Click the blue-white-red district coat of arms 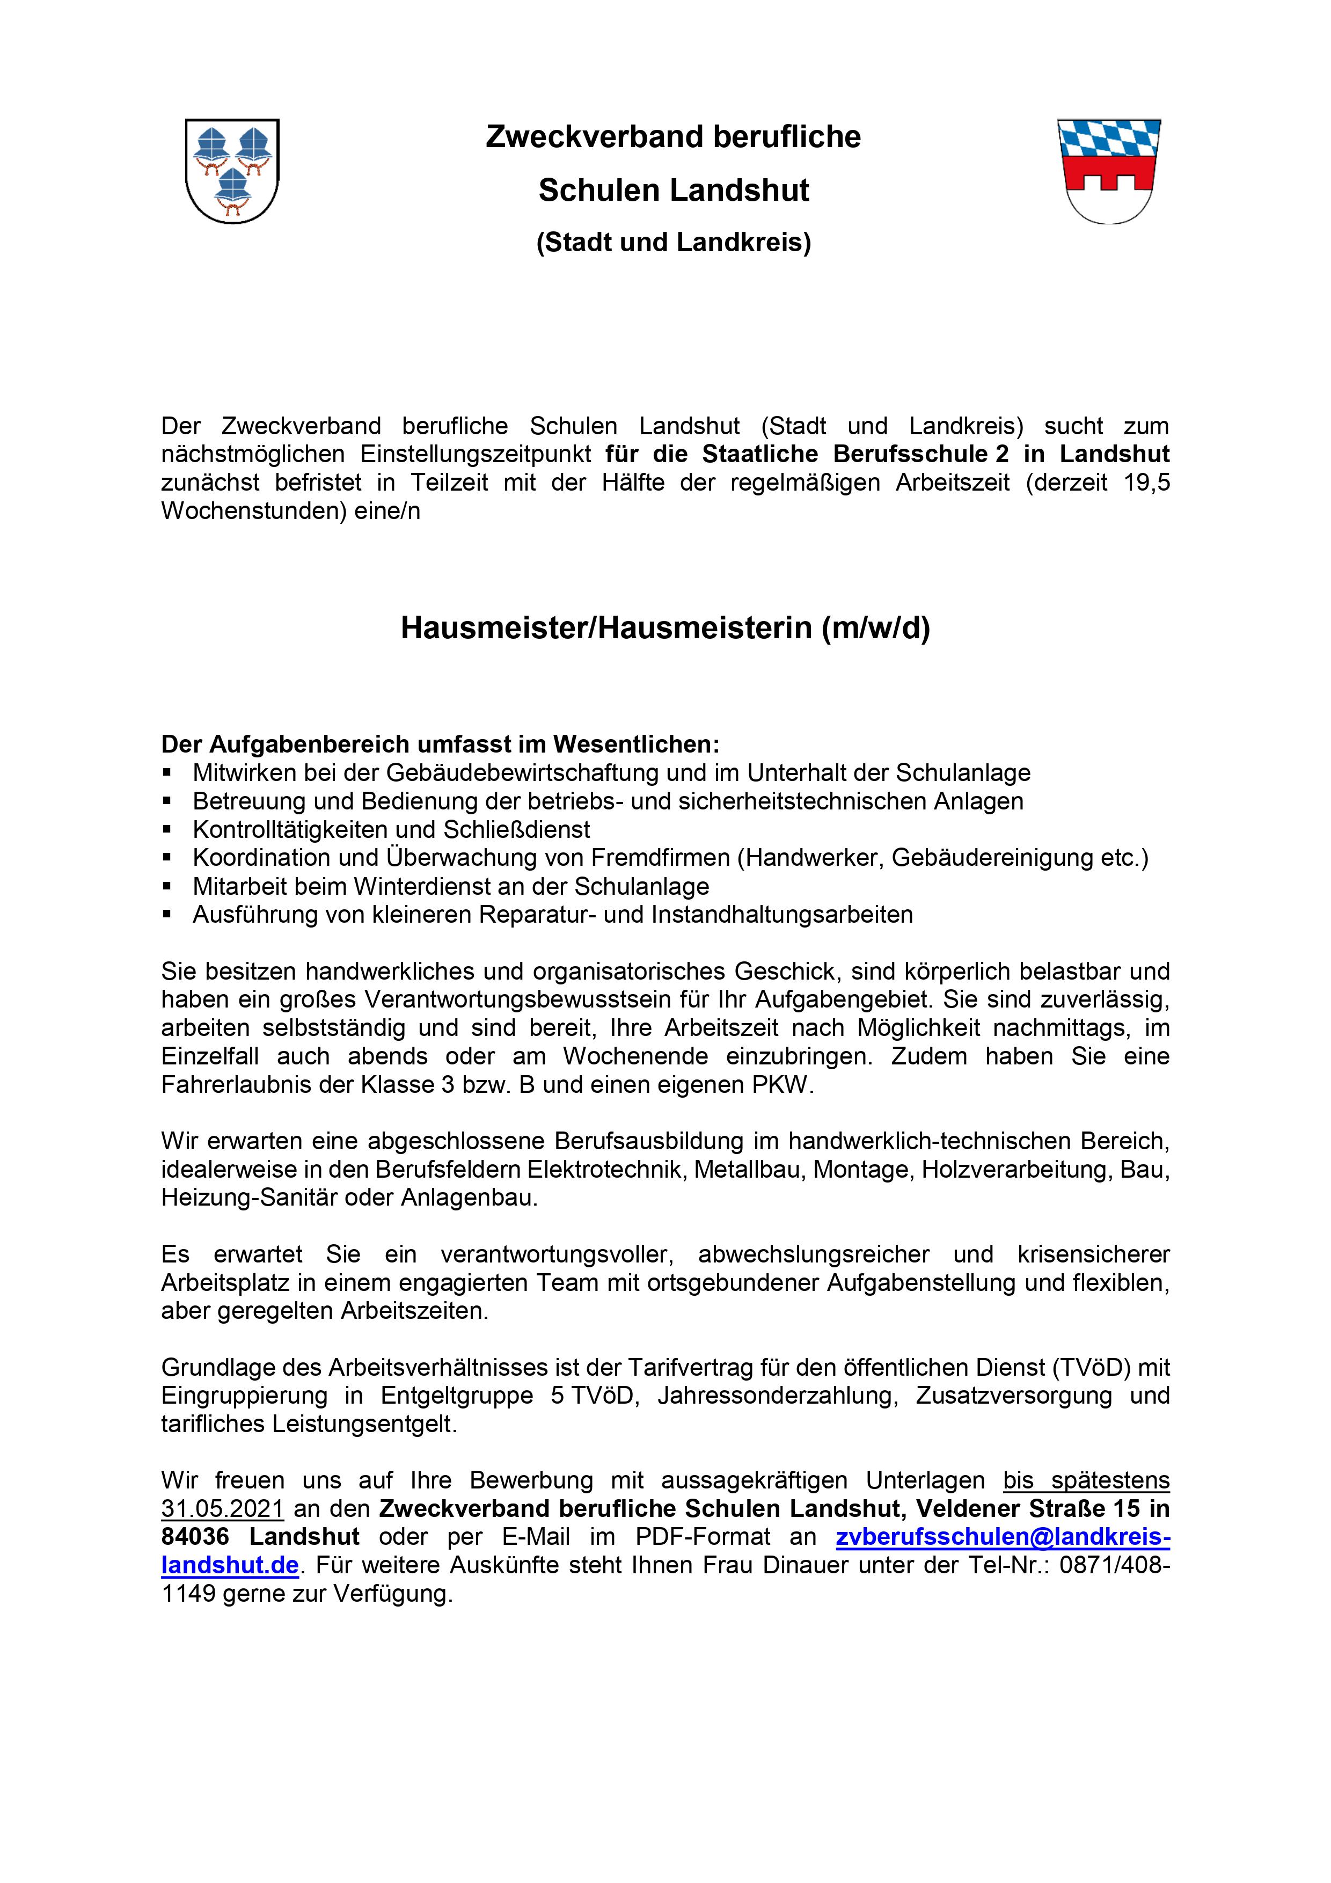tap(1109, 171)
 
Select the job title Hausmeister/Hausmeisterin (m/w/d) tap(665, 627)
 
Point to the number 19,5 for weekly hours tap(1146, 482)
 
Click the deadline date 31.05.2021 tap(222, 1508)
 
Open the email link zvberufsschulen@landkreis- tap(1002, 1536)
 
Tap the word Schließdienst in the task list tap(517, 829)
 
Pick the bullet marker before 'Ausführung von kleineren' tap(167, 915)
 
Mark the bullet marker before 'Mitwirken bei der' tap(167, 772)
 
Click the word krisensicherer tap(1093, 1254)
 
